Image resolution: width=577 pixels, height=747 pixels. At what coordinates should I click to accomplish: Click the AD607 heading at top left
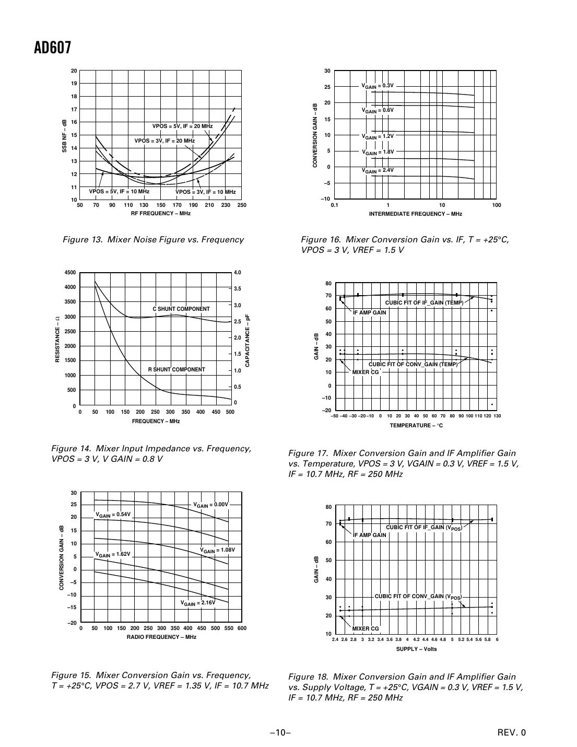[x=52, y=48]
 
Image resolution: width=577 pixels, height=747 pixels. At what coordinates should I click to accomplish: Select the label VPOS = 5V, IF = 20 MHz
[x=182, y=126]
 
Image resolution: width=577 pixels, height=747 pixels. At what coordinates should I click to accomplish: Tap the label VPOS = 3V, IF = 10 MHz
[x=206, y=192]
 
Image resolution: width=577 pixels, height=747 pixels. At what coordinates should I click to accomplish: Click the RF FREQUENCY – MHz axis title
[x=160, y=214]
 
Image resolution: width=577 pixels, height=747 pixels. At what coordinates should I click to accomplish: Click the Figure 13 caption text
[x=153, y=240]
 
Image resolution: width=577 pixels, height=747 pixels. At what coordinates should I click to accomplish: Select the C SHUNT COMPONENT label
[x=181, y=309]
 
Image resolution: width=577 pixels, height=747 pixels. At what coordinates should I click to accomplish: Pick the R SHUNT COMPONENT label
[x=176, y=369]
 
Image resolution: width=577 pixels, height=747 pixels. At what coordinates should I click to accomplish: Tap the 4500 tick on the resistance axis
[x=70, y=273]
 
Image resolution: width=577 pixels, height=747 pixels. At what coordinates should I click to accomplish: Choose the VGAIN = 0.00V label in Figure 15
[x=211, y=505]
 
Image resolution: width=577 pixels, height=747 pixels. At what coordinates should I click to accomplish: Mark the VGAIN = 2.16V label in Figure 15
[x=198, y=602]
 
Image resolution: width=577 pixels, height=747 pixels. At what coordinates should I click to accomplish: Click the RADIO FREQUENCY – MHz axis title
[x=161, y=637]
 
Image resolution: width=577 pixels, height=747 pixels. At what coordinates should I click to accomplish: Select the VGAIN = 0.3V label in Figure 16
[x=378, y=85]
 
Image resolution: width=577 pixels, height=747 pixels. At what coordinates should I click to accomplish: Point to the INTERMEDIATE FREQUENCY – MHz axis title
[x=415, y=214]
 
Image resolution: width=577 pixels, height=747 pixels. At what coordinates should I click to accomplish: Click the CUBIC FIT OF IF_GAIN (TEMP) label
[x=424, y=303]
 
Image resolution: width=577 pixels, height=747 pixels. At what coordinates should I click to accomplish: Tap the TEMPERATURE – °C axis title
[x=416, y=426]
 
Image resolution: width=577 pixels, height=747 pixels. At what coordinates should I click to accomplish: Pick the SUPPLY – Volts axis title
[x=416, y=649]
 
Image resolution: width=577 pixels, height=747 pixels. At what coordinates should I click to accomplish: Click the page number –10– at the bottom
[x=280, y=732]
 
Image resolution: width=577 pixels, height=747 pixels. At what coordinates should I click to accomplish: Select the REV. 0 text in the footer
[x=512, y=732]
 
